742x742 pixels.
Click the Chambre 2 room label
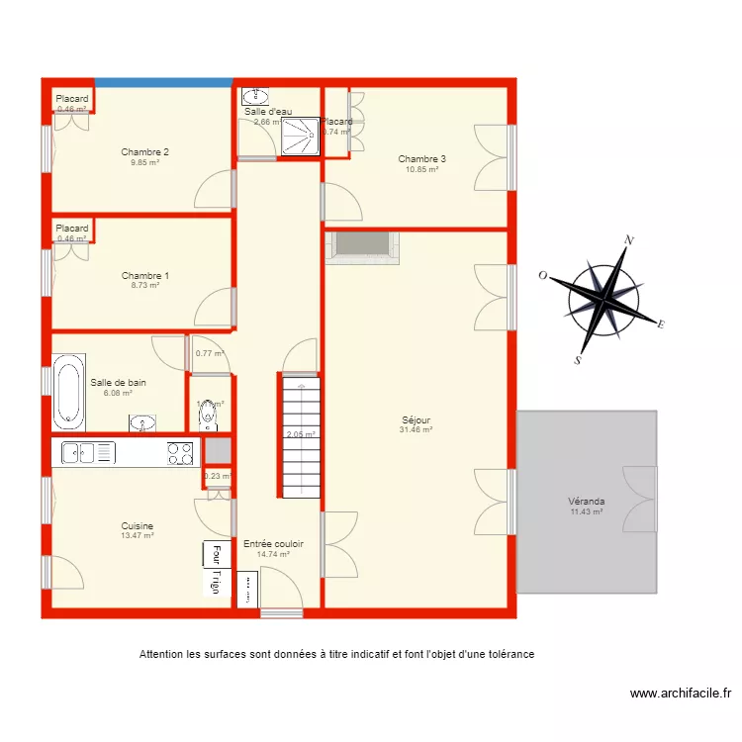click(x=144, y=152)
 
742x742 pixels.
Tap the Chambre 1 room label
click(x=144, y=276)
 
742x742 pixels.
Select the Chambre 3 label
click(x=421, y=159)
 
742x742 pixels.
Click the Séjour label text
click(x=416, y=420)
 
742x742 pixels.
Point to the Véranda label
click(x=587, y=502)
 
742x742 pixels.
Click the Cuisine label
click(x=137, y=526)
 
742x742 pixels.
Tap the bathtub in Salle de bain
click(x=68, y=393)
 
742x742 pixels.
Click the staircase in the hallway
click(x=299, y=425)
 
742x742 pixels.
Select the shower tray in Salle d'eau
click(x=302, y=137)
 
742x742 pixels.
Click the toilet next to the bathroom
click(x=209, y=416)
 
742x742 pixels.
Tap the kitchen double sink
click(x=88, y=453)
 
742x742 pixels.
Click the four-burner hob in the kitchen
click(x=179, y=453)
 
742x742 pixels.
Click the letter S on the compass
click(x=578, y=362)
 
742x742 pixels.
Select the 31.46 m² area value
click(x=416, y=430)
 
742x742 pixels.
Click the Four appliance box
click(x=212, y=554)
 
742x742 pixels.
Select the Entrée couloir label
click(x=273, y=544)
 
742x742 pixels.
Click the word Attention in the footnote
click(x=163, y=655)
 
